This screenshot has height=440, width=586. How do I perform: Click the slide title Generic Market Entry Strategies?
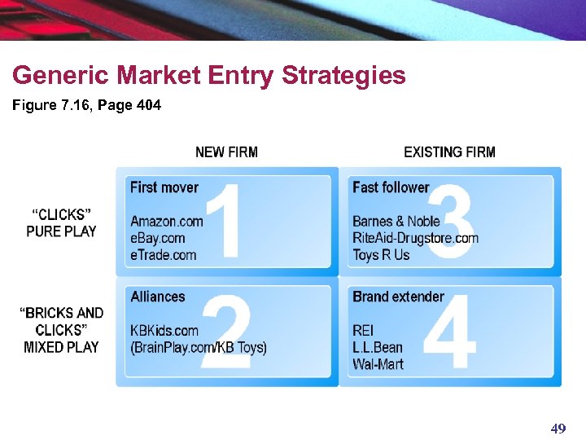click(x=208, y=76)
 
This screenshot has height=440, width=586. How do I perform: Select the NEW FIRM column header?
click(x=226, y=152)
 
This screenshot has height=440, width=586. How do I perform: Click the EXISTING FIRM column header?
click(x=449, y=152)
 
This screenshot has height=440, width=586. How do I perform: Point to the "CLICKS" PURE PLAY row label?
click(x=61, y=222)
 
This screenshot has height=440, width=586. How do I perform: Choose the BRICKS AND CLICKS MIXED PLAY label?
click(x=61, y=330)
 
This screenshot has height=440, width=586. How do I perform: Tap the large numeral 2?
click(x=225, y=333)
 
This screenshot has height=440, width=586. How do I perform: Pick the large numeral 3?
click(x=450, y=221)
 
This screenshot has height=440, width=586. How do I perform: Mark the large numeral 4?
click(x=450, y=333)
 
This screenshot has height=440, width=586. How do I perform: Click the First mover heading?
click(x=164, y=187)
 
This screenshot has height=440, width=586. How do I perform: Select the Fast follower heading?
click(x=391, y=187)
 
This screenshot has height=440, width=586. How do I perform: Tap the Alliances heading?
click(x=158, y=297)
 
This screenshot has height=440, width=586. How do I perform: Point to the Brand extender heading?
click(x=398, y=297)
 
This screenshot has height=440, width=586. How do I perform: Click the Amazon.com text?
click(x=166, y=221)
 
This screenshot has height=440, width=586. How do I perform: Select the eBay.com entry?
click(x=158, y=238)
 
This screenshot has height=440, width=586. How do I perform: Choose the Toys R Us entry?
click(x=381, y=255)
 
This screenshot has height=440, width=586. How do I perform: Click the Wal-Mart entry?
click(x=378, y=364)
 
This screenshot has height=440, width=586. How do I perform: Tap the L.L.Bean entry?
click(x=378, y=347)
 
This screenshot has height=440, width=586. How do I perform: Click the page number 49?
click(x=558, y=429)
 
